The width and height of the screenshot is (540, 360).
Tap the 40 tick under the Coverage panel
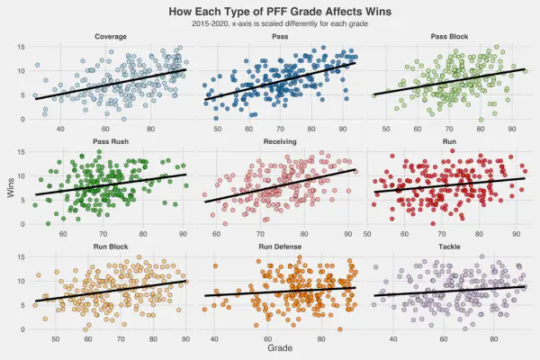pos(61,130)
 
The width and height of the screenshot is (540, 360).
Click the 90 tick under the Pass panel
pos(343,130)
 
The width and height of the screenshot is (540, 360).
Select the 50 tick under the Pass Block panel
pos(386,130)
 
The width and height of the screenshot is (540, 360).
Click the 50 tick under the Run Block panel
pos(56,339)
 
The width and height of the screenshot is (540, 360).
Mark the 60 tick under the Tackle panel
pos(444,339)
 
